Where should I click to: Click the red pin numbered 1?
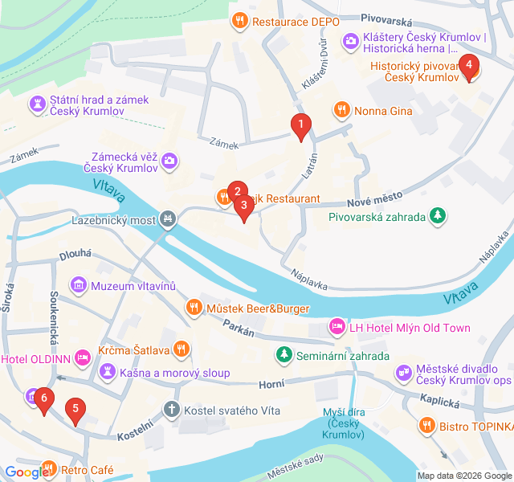pyautogui.click(x=300, y=125)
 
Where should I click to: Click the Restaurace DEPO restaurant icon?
pyautogui.click(x=239, y=21)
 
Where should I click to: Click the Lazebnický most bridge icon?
pyautogui.click(x=168, y=218)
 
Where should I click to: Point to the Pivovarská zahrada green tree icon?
pyautogui.click(x=437, y=215)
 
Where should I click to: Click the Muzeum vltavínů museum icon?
pyautogui.click(x=78, y=285)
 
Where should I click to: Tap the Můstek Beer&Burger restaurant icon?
pyautogui.click(x=194, y=307)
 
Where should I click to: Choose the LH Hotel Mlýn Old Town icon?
pyautogui.click(x=337, y=327)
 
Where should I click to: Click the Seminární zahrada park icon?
pyautogui.click(x=284, y=355)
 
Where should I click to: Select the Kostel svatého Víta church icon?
pyautogui.click(x=171, y=411)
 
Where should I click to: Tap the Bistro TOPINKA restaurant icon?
pyautogui.click(x=428, y=424)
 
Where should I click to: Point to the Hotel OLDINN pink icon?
pyautogui.click(x=83, y=357)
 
